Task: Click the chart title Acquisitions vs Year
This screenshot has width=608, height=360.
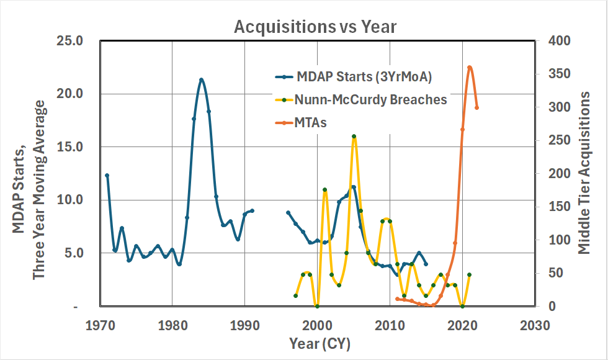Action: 315,27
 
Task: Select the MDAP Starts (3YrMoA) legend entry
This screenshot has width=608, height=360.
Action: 362,77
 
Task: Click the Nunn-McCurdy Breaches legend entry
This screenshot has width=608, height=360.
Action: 370,100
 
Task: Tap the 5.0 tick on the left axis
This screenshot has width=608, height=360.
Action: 83,253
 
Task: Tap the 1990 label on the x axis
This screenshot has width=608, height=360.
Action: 245,325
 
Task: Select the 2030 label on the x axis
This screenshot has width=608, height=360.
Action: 535,325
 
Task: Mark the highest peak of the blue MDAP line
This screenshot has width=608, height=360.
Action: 201,79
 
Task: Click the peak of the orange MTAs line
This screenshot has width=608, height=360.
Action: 470,67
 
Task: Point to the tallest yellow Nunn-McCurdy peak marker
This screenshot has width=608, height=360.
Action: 354,136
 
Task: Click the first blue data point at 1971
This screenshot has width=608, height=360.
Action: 107,176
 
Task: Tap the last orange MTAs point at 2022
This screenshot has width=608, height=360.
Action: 476,107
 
